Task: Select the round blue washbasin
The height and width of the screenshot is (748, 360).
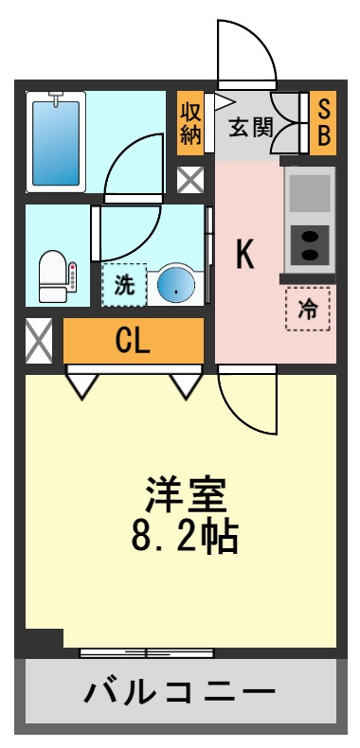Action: coord(175,284)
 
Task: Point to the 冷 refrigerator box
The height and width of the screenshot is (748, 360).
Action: coord(309,308)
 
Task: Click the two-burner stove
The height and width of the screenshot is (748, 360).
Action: coord(309,244)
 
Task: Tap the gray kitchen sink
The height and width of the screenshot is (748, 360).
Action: coord(309,193)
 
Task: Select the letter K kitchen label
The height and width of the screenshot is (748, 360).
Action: coord(244,255)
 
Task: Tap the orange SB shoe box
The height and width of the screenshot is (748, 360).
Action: coord(323,122)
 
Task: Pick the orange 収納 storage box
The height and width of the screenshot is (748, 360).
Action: coord(190,122)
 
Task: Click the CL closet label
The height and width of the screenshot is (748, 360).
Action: coord(133,341)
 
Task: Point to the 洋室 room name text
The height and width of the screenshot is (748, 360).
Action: coord(185,496)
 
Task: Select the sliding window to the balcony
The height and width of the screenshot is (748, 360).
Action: coord(146,652)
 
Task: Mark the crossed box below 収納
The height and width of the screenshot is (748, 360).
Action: coord(190,179)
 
